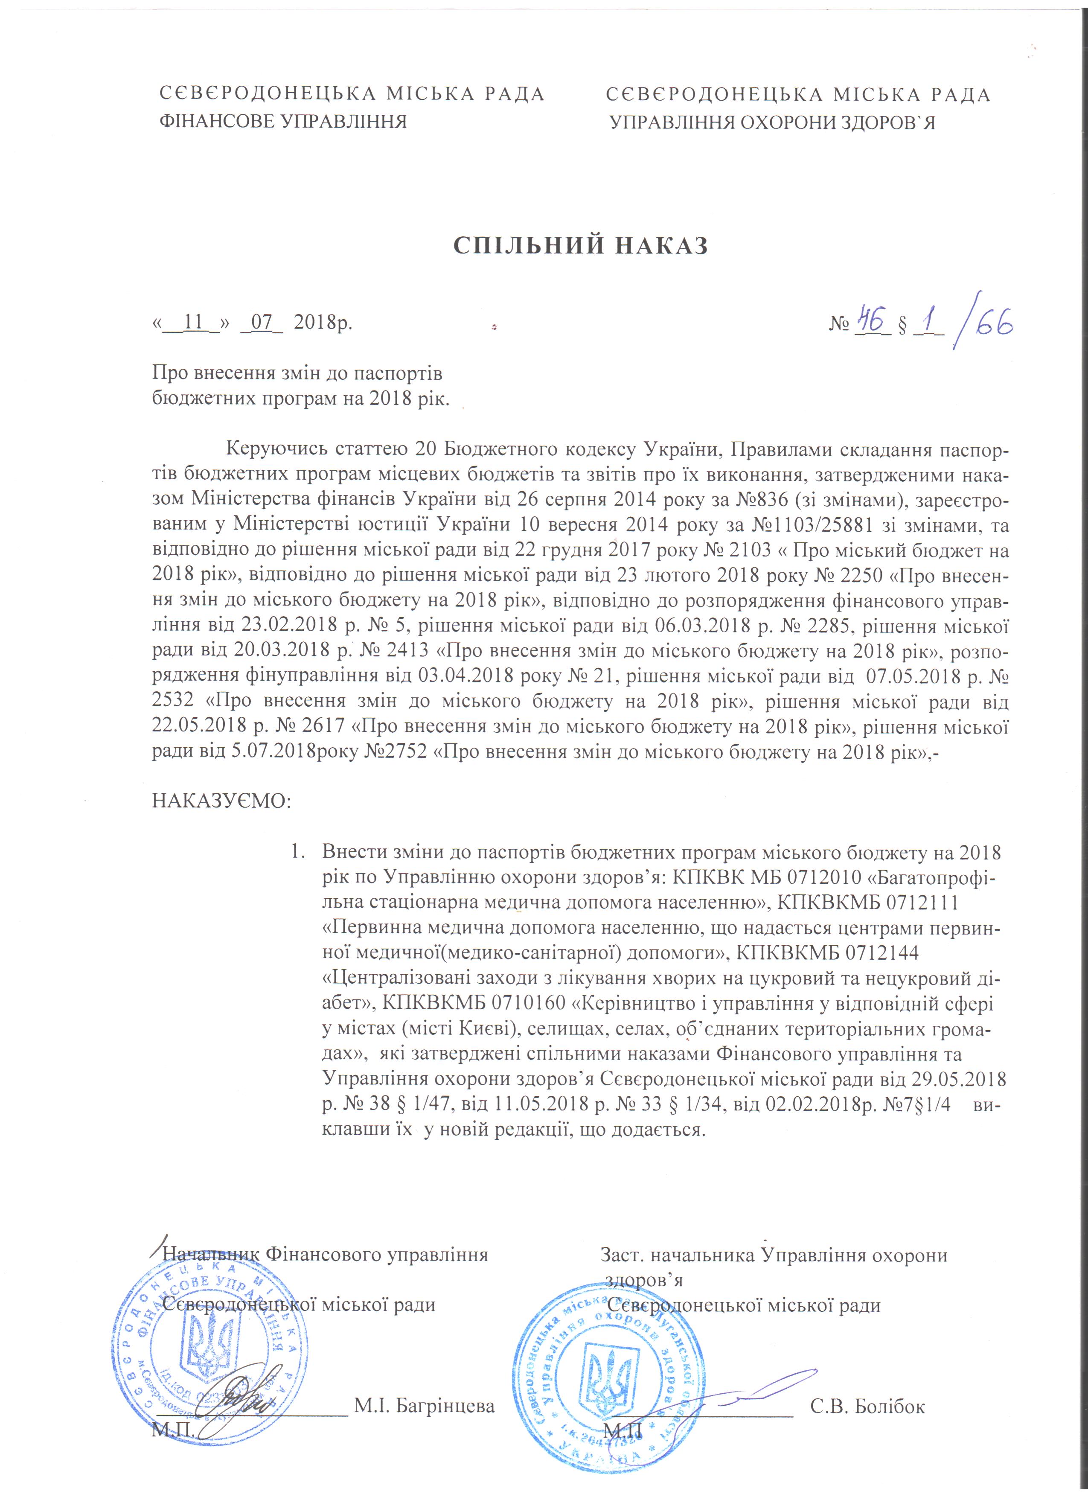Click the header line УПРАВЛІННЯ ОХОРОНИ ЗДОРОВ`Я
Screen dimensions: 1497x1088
click(x=772, y=123)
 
